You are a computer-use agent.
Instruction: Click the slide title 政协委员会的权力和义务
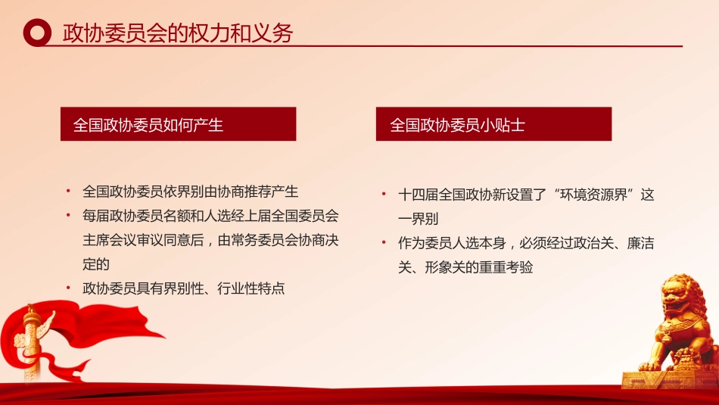tap(177, 33)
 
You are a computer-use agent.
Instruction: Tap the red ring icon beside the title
tap(36, 33)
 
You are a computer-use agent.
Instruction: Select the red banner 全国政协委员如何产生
tap(178, 124)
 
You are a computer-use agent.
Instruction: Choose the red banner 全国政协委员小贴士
tap(493, 124)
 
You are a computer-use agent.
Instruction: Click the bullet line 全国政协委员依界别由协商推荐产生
tap(190, 192)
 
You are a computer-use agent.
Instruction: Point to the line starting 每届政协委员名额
tap(210, 216)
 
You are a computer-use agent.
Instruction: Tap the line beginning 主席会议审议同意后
tap(210, 240)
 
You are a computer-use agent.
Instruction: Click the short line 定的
tap(96, 264)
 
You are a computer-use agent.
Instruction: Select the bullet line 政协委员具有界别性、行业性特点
tap(184, 288)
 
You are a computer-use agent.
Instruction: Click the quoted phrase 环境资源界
tap(587, 195)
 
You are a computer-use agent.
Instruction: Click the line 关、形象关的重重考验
tap(465, 267)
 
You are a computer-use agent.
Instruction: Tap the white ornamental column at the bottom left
tap(31, 344)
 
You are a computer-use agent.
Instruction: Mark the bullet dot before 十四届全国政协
tap(384, 195)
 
